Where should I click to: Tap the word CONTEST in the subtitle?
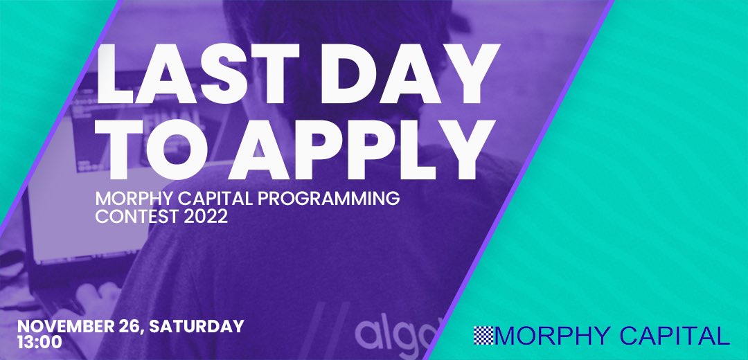tap(130, 217)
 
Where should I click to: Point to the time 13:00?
tap(40, 341)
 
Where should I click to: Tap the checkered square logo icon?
tap(483, 336)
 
